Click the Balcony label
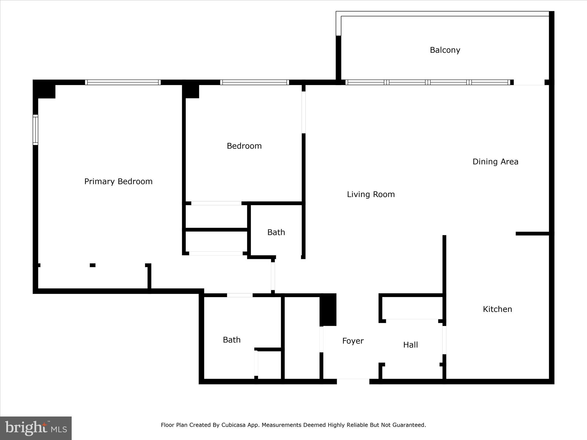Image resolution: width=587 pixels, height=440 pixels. pos(445,50)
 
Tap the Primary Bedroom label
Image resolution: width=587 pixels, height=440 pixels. pos(118,181)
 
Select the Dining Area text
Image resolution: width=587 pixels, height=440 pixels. pos(495,162)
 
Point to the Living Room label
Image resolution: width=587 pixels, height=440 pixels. pos(371,194)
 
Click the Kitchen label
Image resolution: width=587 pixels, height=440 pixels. pos(497,309)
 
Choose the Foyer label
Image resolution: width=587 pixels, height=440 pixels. pos(353,341)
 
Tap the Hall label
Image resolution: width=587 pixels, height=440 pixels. pos(410,345)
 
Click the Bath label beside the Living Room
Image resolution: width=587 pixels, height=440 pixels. pos(276,232)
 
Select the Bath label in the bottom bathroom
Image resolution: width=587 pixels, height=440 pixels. pos(232,340)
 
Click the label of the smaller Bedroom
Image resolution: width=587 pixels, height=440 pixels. pos(244,146)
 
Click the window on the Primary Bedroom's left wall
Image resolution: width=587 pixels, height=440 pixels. pos(35,129)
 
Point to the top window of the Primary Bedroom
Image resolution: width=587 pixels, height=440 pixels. pos(123,82)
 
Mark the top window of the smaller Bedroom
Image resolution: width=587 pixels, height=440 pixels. pos(255,82)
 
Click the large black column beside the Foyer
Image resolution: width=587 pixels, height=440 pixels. pos(328,310)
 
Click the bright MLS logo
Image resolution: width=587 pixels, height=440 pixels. pos(36,428)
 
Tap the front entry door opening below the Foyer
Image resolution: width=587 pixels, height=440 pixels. pos(353,381)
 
